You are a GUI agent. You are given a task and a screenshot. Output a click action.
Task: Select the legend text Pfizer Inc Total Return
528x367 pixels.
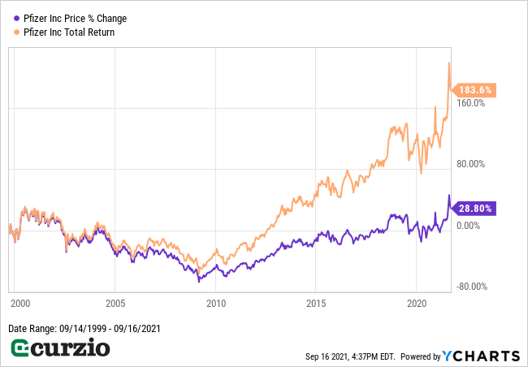[69, 32]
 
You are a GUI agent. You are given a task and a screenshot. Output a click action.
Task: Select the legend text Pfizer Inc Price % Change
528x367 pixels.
[75, 18]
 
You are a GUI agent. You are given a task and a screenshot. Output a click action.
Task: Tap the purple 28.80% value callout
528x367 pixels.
[475, 208]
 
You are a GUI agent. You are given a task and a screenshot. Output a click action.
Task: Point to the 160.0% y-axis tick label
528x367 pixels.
[470, 103]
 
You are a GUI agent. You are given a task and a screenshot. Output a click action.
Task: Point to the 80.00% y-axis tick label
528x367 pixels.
[470, 164]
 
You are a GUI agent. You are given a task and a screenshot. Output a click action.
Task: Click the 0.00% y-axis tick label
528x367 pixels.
[470, 225]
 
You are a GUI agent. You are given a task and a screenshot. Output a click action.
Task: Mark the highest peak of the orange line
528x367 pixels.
[449, 63]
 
